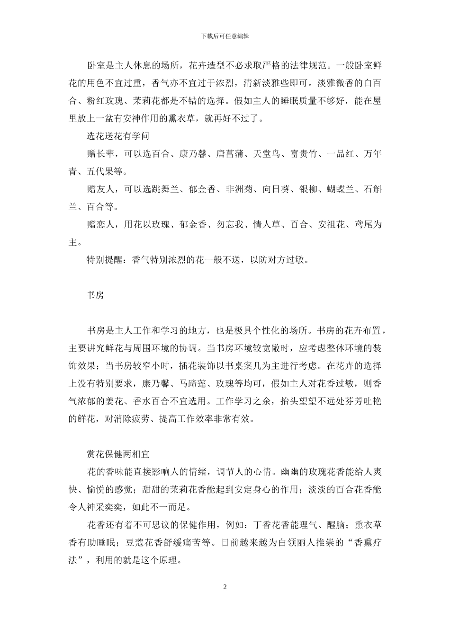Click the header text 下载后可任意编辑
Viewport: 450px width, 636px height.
[225, 36]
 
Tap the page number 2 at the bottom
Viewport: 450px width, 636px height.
[225, 587]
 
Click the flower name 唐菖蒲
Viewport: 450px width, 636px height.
[231, 154]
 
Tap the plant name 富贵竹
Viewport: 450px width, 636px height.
[305, 154]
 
